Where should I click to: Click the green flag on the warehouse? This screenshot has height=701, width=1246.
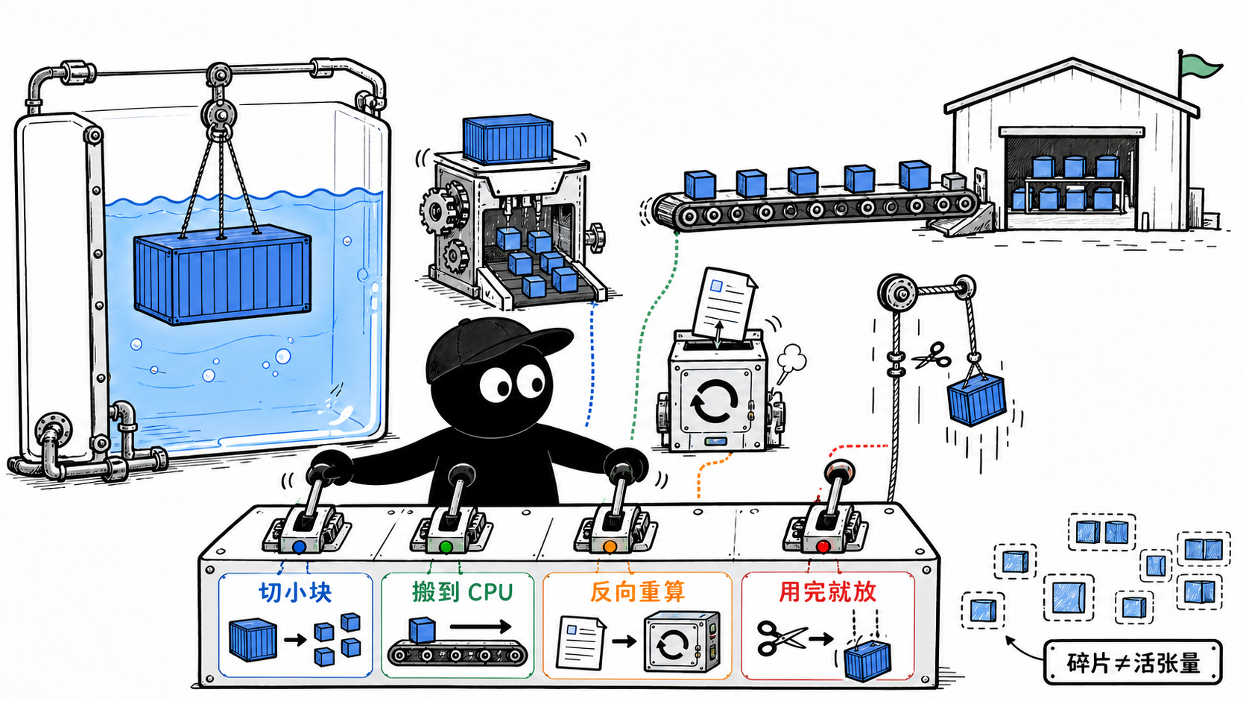[1201, 67]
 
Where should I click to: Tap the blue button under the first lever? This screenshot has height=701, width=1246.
[299, 547]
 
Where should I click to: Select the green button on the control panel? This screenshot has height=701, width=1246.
[446, 547]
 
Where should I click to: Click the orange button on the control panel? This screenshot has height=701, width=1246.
[610, 547]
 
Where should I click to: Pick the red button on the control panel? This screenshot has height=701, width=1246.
[823, 547]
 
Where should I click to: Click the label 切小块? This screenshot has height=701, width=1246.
[295, 592]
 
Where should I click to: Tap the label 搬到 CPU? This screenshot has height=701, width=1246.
[462, 592]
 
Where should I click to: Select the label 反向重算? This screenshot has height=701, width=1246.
[637, 591]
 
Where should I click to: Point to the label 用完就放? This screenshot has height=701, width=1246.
[828, 591]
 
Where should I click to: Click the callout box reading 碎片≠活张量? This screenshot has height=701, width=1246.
[1133, 662]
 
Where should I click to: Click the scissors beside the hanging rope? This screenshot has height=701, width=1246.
[932, 356]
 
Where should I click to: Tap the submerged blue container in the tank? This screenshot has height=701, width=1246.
[223, 274]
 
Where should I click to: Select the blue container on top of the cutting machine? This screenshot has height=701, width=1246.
[507, 139]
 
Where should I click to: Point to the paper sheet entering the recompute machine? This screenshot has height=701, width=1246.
[724, 305]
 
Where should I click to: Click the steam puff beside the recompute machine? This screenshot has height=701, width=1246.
[790, 361]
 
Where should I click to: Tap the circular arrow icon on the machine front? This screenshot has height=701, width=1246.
[714, 402]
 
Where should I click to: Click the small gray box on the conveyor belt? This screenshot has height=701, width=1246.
[953, 181]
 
